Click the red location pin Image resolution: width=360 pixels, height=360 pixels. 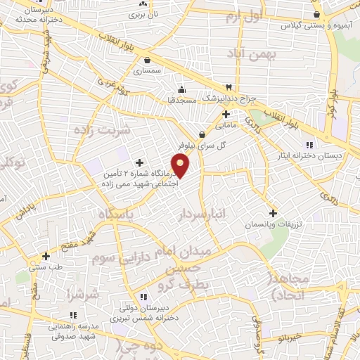181,166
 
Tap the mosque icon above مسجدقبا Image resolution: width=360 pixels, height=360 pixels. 182,89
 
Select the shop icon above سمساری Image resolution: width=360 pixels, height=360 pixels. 147,60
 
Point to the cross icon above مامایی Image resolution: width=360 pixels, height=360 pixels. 225,114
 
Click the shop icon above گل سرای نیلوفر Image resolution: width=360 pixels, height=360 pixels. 202,135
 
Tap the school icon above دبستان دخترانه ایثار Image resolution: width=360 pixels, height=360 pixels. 310,145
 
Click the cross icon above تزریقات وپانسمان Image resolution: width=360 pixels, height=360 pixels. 273,213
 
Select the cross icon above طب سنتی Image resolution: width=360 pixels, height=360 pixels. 46,256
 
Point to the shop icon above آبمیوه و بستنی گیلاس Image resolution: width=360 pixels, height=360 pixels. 316,14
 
